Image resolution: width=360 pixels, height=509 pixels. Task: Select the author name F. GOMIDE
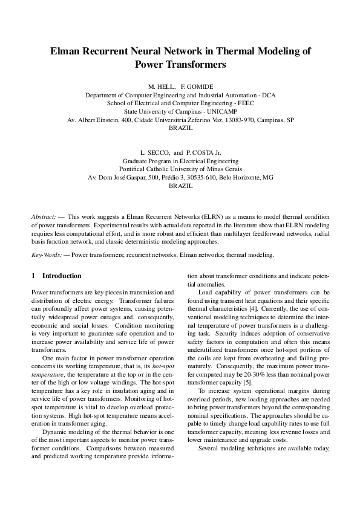coord(197,87)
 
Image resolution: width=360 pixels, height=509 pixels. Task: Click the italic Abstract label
coord(44,216)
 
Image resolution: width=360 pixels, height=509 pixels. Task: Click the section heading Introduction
coord(62,276)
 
